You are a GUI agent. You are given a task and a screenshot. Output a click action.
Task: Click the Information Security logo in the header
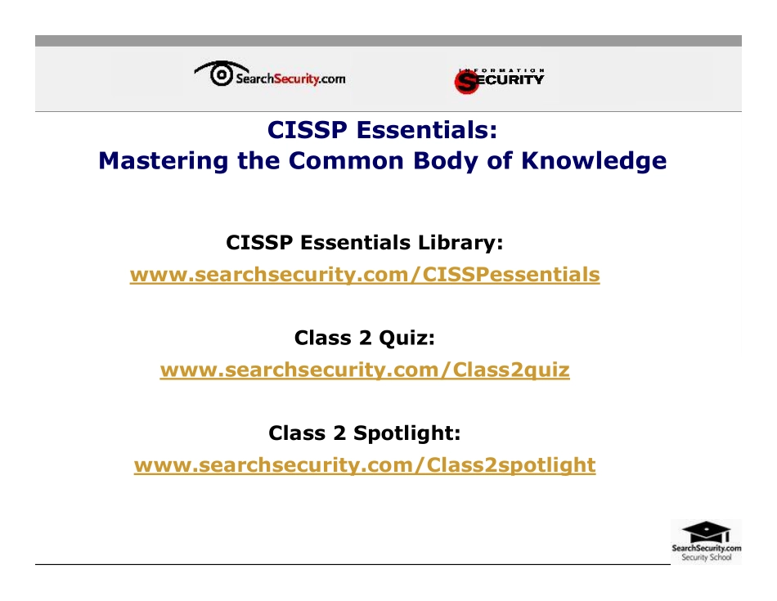point(499,78)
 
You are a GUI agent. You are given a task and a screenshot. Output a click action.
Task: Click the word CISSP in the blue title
point(307,130)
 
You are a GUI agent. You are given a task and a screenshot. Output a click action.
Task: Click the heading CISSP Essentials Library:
point(364,243)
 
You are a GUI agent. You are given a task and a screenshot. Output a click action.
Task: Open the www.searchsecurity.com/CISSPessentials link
point(365,275)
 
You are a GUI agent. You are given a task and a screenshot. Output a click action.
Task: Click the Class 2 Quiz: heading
point(364,338)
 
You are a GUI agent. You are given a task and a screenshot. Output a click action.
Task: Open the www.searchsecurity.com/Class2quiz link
point(365,370)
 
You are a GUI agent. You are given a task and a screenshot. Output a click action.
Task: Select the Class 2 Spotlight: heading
point(364,433)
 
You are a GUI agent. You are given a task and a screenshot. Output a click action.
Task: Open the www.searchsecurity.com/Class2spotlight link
point(365,465)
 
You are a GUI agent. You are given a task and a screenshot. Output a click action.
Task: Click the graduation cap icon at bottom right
point(706,530)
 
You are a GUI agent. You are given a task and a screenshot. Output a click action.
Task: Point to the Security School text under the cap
point(706,558)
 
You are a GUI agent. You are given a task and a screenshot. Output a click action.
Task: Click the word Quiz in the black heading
point(411,338)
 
